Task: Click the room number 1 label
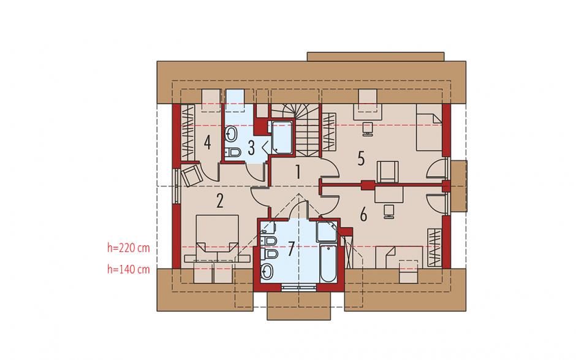tap(298, 172)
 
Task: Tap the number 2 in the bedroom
tap(219, 201)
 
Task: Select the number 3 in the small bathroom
tap(251, 148)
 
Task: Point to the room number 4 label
tap(207, 143)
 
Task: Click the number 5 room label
tap(361, 158)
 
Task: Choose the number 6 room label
tap(363, 214)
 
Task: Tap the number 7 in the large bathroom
tap(291, 249)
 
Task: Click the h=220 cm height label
tap(129, 248)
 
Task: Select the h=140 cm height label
tap(129, 269)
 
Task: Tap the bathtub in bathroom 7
tap(328, 263)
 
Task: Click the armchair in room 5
tap(388, 171)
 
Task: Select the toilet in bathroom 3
tap(232, 152)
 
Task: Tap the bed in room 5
tap(429, 132)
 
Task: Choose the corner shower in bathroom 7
tap(327, 232)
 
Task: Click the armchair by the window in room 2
tap(191, 175)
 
